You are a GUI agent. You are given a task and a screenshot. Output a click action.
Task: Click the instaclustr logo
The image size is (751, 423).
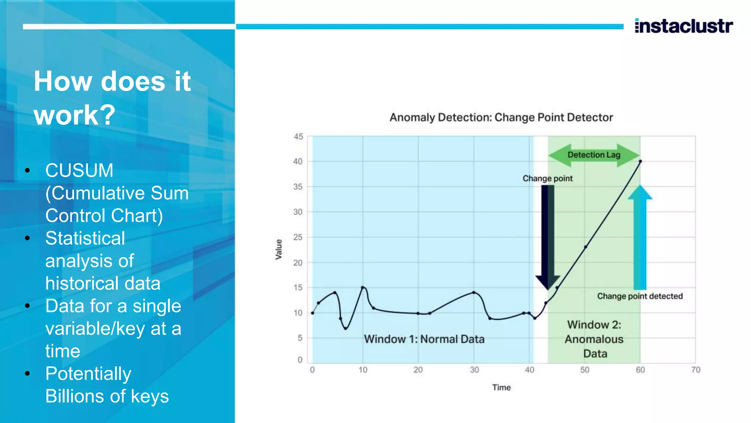tap(684, 26)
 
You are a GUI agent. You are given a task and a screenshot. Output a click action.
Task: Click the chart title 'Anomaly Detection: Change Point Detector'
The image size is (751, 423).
tap(501, 117)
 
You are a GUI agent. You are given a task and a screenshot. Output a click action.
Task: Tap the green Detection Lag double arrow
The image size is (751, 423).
tap(594, 155)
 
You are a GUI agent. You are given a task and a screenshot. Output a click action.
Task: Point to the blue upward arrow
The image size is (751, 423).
tap(640, 239)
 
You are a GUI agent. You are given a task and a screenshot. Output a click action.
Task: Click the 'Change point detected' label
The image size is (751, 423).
tap(640, 296)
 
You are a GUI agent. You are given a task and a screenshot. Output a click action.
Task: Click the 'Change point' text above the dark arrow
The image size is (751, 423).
tap(547, 178)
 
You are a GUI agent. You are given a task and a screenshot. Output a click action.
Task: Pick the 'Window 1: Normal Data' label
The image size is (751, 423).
tap(424, 339)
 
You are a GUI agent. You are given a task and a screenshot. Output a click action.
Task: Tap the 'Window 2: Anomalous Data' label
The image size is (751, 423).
tap(594, 339)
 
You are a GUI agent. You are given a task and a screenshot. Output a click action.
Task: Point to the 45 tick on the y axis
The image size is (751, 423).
tap(298, 137)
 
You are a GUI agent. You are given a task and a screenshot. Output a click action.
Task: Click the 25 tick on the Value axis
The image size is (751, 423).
tap(298, 237)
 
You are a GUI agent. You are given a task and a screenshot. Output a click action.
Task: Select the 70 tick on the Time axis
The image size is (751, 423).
tap(696, 370)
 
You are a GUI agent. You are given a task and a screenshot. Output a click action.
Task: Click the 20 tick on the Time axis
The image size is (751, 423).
tap(418, 370)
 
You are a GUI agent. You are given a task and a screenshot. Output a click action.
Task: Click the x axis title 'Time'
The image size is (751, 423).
tap(501, 387)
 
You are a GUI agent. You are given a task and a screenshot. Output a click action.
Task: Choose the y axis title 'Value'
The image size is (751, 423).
tap(279, 249)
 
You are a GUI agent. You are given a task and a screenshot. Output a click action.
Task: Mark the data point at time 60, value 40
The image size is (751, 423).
tap(640, 161)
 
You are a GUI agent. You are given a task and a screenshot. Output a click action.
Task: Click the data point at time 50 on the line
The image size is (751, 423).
tap(585, 247)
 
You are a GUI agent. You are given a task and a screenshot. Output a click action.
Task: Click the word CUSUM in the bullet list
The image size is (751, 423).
tap(79, 170)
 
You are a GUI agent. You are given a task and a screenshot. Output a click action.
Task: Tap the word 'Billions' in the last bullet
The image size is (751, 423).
tap(75, 396)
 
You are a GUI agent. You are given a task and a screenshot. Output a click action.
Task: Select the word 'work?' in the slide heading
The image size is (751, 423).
tap(74, 115)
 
